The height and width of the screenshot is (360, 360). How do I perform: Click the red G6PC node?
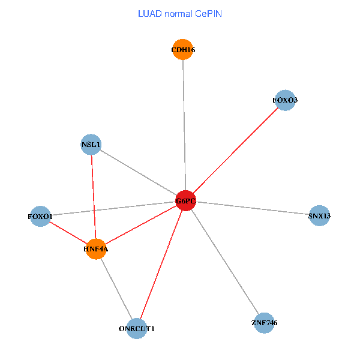click(x=185, y=200)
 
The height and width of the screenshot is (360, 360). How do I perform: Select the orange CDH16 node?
click(x=182, y=50)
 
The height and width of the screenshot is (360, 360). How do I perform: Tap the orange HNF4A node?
click(x=96, y=248)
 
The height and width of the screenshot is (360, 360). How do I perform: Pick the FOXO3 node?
click(x=285, y=100)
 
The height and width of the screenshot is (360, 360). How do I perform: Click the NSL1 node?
click(x=91, y=145)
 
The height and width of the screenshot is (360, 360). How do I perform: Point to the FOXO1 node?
click(x=41, y=216)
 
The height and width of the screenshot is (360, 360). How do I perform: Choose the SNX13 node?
click(x=319, y=215)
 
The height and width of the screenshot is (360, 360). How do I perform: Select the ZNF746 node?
click(x=264, y=323)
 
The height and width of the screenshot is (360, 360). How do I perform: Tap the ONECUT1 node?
click(x=137, y=328)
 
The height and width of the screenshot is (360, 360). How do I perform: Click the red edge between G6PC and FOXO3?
click(x=235, y=150)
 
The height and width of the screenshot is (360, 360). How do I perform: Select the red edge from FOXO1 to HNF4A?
click(x=68, y=232)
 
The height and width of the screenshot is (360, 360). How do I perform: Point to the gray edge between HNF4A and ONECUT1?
click(x=116, y=288)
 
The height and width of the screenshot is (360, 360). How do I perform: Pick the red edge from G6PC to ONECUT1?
click(x=161, y=264)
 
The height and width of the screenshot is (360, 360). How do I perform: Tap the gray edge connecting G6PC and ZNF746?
click(x=224, y=262)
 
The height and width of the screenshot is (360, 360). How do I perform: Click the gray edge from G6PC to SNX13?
click(x=252, y=208)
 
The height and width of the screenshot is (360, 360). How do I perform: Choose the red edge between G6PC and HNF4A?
click(x=140, y=224)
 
